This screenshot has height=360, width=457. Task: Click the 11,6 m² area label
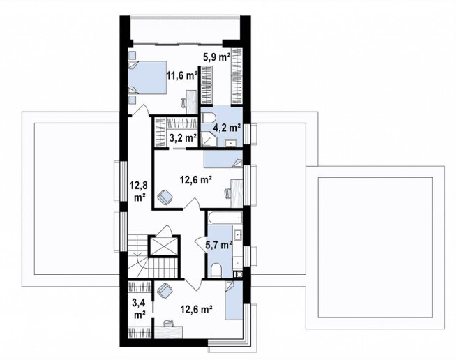coord(182,76)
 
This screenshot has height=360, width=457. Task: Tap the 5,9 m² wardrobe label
coord(216,57)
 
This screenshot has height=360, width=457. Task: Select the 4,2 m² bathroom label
coord(227,128)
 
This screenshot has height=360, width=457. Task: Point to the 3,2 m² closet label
coord(183,137)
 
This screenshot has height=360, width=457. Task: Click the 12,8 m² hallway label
coord(139,191)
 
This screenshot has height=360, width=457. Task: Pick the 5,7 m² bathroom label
coord(219,245)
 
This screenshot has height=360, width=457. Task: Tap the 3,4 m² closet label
coord(139,309)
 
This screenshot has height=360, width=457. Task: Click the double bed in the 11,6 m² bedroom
coord(147,77)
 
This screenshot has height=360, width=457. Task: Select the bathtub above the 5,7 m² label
coord(225,217)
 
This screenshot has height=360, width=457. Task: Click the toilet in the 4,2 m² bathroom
coord(208,117)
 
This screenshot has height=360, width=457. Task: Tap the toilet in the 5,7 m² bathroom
coord(216,271)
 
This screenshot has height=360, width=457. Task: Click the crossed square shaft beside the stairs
coord(163,246)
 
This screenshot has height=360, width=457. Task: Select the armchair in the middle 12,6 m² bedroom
coord(165,197)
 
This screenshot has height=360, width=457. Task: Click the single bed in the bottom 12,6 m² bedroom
coord(234,301)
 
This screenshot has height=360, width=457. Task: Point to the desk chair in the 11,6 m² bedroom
coord(184,103)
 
